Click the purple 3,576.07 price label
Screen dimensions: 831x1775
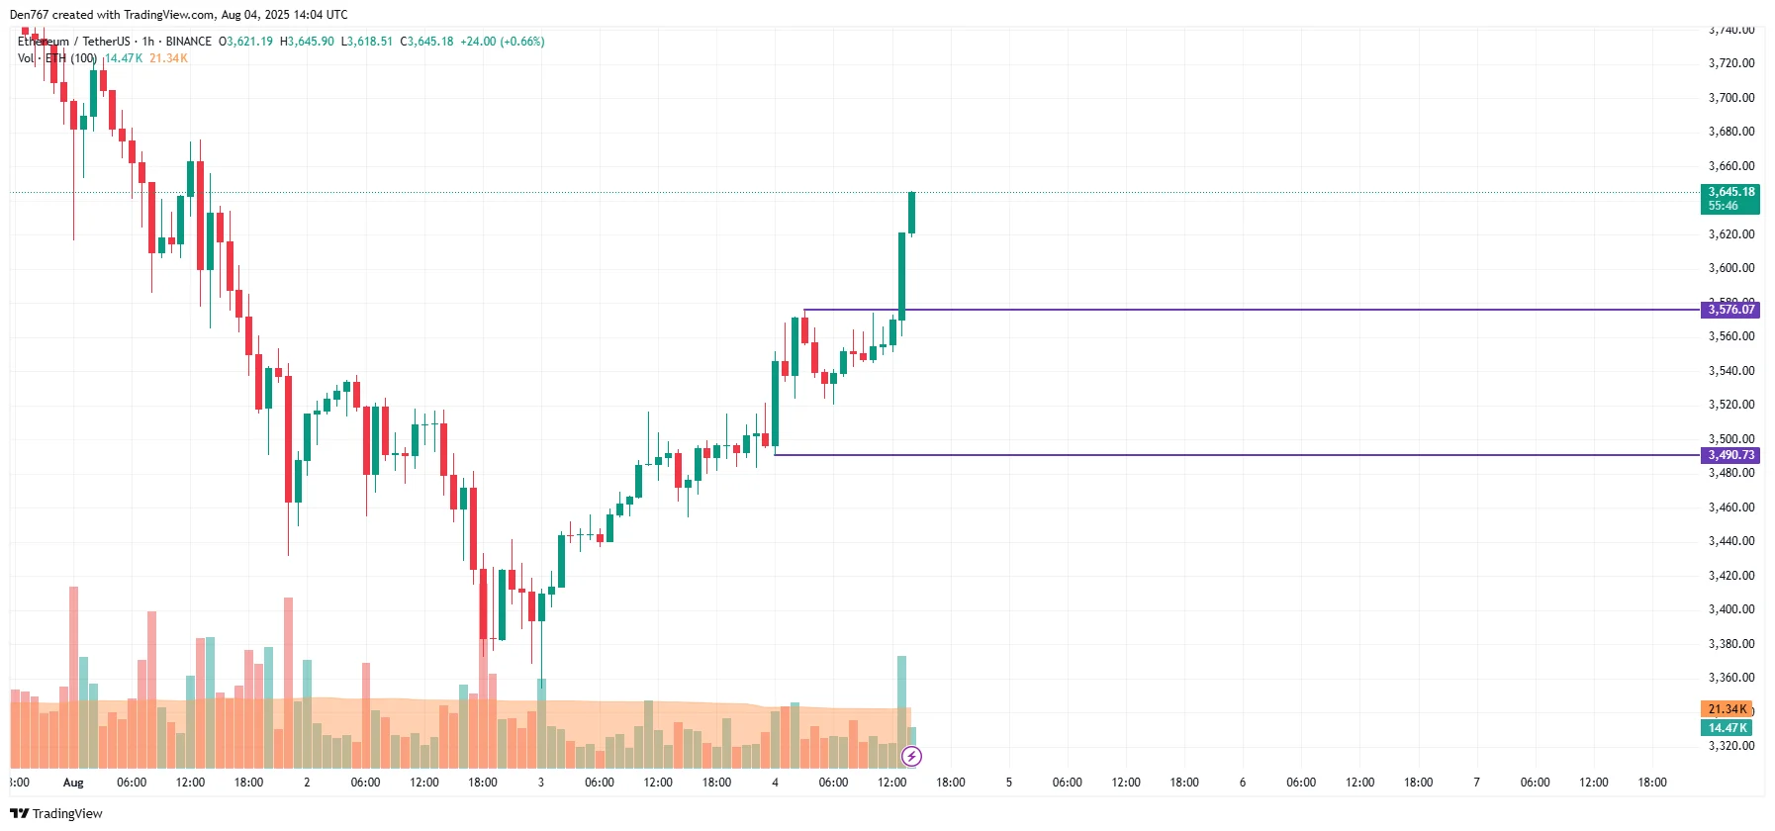tap(1730, 310)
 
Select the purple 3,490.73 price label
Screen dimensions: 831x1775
tap(1730, 455)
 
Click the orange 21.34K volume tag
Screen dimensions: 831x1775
tap(1727, 709)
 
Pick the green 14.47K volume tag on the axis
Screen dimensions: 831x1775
tap(1727, 728)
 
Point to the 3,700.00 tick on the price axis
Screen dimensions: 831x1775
tap(1731, 97)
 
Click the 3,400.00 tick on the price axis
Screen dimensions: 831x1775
tap(1731, 609)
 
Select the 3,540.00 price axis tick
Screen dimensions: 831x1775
tap(1731, 371)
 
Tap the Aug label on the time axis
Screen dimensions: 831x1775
tap(73, 783)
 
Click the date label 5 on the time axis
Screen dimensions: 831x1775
tap(1009, 783)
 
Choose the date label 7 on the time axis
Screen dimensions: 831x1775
tap(1476, 783)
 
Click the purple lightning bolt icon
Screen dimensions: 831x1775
tap(911, 757)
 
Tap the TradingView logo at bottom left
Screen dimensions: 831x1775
tap(56, 813)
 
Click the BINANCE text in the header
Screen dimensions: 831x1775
tap(188, 42)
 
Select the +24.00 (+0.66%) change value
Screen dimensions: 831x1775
tap(503, 42)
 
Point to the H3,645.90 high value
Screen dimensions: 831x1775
tap(307, 42)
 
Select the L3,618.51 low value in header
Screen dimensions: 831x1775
tap(366, 42)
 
